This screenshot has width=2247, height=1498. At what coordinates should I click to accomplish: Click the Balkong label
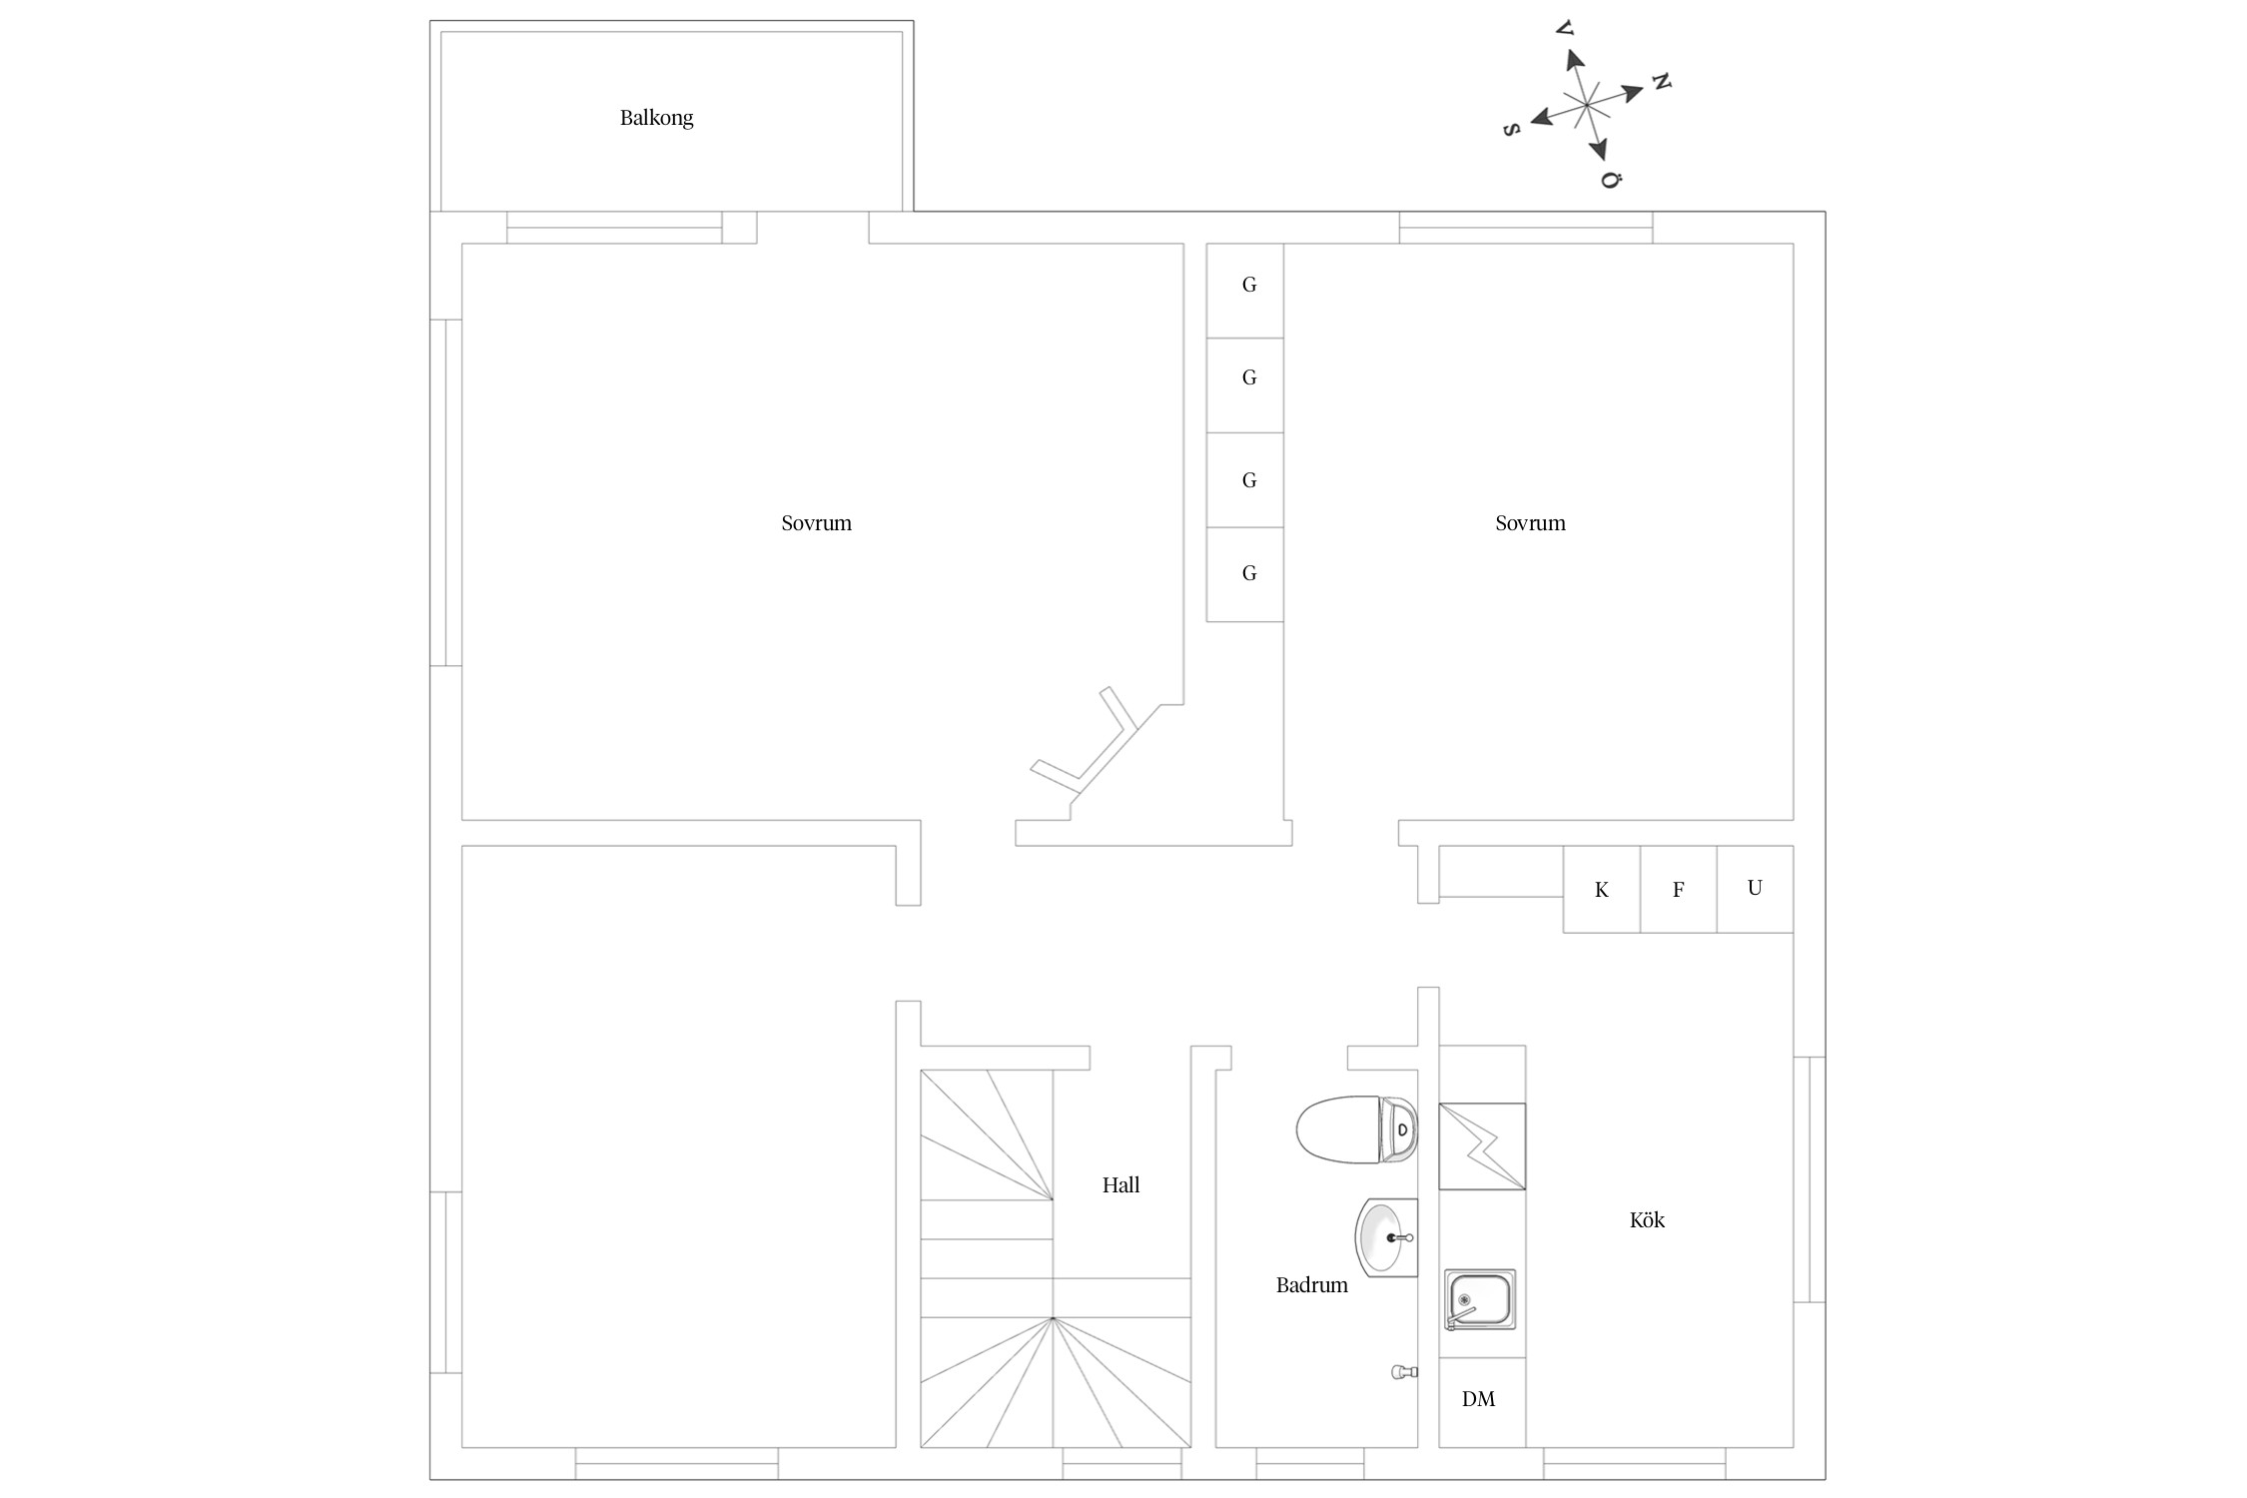(656, 118)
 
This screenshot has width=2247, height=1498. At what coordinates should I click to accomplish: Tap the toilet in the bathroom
(1356, 1129)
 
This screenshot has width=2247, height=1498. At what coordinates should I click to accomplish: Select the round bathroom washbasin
(1386, 1238)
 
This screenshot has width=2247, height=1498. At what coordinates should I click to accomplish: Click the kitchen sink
(1480, 1299)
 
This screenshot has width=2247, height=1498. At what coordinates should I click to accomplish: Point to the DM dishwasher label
(1478, 1399)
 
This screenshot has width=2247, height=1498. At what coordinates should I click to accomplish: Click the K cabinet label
(1601, 890)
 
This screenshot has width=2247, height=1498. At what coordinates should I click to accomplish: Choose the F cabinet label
(1678, 890)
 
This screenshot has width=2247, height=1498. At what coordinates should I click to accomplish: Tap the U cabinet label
(1755, 888)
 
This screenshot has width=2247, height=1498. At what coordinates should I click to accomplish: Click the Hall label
(1121, 1185)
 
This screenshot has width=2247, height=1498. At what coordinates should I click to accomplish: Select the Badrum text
(1311, 1285)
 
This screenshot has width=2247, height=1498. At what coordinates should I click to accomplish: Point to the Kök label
(1647, 1219)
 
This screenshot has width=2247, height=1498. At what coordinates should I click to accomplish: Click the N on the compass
(1661, 81)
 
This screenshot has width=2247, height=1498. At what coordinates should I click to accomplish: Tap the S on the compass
(1512, 130)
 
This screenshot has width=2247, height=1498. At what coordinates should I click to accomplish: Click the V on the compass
(1565, 29)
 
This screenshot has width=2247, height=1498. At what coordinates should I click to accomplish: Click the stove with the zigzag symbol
(1482, 1146)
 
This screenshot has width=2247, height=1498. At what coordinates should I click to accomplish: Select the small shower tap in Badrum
(1404, 1372)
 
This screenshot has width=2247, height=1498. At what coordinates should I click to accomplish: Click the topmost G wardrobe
(1244, 291)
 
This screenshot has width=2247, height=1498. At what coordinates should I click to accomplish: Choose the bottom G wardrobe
(1244, 574)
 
